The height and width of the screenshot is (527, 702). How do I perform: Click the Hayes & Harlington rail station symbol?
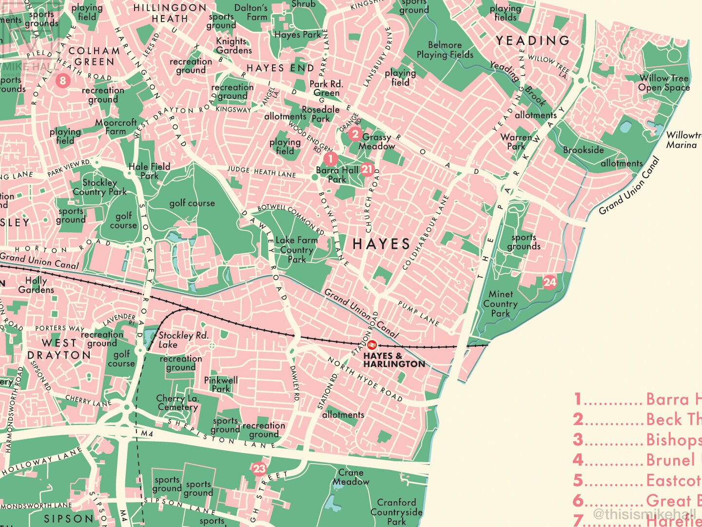pyautogui.click(x=371, y=345)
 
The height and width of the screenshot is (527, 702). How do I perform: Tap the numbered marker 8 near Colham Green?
pyautogui.click(x=62, y=81)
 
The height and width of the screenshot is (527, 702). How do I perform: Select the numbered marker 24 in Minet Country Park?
pyautogui.click(x=549, y=282)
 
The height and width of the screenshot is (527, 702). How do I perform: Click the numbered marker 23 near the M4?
pyautogui.click(x=259, y=469)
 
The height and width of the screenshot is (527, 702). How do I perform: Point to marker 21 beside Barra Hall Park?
pyautogui.click(x=367, y=169)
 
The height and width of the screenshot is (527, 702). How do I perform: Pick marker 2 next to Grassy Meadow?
pyautogui.click(x=355, y=134)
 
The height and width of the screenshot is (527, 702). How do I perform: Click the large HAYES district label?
pyautogui.click(x=381, y=244)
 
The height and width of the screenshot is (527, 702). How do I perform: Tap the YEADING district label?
pyautogui.click(x=533, y=41)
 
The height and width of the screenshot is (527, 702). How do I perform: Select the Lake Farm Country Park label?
pyautogui.click(x=296, y=250)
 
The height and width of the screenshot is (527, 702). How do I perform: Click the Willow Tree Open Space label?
pyautogui.click(x=664, y=83)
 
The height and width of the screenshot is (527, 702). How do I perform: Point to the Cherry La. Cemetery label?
pyautogui.click(x=177, y=403)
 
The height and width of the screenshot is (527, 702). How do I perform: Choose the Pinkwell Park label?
pyautogui.click(x=221, y=384)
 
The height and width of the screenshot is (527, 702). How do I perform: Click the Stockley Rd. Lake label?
pyautogui.click(x=183, y=340)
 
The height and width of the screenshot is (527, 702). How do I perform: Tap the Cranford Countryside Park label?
pyautogui.click(x=396, y=511)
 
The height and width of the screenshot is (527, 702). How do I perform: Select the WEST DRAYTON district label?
pyautogui.click(x=59, y=349)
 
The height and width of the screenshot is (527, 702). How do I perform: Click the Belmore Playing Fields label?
pyautogui.click(x=445, y=50)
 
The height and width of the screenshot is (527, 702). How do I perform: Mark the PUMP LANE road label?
pyautogui.click(x=419, y=313)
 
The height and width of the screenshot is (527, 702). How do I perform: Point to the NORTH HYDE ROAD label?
pyautogui.click(x=365, y=379)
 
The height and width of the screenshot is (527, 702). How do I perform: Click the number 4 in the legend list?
pyautogui.click(x=578, y=460)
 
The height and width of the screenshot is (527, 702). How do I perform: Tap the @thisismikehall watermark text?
pyautogui.click(x=644, y=513)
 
